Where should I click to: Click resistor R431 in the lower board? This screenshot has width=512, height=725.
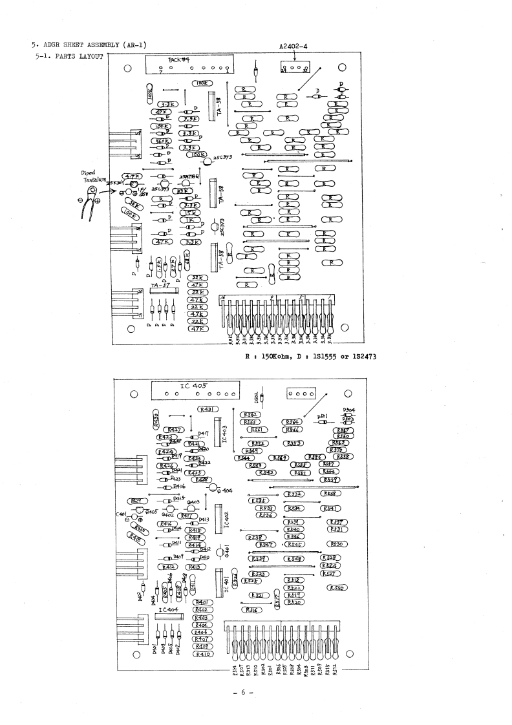tap(209, 409)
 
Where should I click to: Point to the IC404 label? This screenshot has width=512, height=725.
tap(168, 609)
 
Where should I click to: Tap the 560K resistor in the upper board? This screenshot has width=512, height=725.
tap(160, 142)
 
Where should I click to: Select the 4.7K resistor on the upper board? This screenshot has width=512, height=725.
tap(133, 176)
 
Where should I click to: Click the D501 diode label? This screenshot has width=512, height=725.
tap(322, 416)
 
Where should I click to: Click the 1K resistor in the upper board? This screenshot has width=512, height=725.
tap(191, 220)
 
